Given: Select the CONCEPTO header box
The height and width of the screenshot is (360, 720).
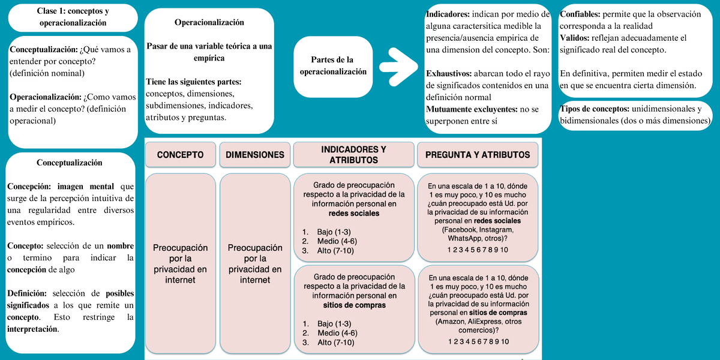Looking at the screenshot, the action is (x=180, y=155).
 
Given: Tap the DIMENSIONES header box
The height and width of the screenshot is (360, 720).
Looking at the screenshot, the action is (x=254, y=155).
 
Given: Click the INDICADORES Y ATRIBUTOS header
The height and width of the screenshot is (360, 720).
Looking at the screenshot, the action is (x=353, y=155).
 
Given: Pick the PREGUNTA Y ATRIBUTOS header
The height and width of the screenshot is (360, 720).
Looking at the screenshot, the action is (x=478, y=155).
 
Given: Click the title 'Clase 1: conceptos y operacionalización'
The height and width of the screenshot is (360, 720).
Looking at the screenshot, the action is (x=73, y=17).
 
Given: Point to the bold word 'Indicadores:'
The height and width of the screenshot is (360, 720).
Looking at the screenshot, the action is (x=448, y=14).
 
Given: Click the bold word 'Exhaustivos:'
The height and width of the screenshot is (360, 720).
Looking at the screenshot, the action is (x=449, y=74).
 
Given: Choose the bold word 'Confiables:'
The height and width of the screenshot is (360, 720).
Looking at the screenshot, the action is (x=579, y=14).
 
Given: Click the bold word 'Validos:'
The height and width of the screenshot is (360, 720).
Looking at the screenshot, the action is (x=574, y=38).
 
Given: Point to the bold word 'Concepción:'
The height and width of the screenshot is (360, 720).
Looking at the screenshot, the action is (x=32, y=187).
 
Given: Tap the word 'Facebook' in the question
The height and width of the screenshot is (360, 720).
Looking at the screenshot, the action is (x=458, y=230).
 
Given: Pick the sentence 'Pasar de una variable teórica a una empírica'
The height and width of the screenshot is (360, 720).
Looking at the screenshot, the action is (x=209, y=52).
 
